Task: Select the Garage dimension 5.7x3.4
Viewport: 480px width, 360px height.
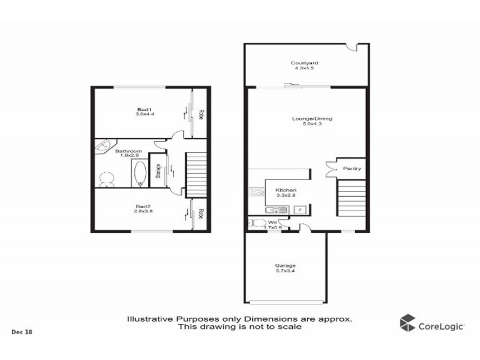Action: (x=286, y=271)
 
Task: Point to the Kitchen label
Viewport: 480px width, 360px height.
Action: (x=286, y=190)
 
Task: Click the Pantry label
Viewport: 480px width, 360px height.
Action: (x=352, y=169)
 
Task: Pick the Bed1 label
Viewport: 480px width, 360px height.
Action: (x=144, y=109)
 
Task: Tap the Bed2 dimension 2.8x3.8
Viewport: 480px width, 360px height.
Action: (x=143, y=211)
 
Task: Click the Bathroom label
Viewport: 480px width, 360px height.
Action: (x=128, y=151)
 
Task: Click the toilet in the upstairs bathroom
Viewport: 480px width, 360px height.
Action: (x=107, y=178)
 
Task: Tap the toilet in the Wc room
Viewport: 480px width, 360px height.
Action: (x=259, y=224)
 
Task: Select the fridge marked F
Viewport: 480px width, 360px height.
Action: (x=299, y=209)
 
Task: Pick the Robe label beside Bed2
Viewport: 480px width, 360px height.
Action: (x=202, y=214)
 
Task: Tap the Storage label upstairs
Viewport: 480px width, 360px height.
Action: (x=158, y=172)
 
